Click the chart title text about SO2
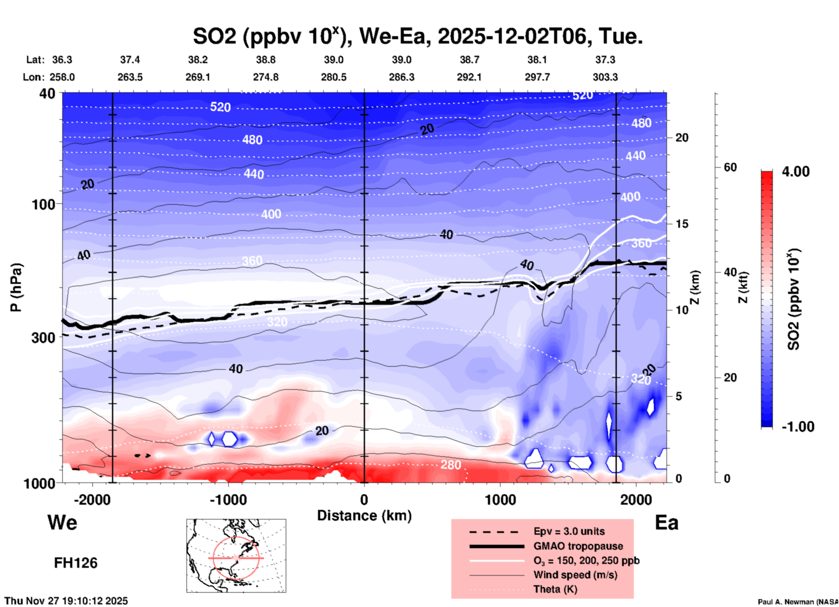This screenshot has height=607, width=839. [417, 37]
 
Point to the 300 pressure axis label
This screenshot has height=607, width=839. [44, 337]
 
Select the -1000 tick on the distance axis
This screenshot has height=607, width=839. [228, 499]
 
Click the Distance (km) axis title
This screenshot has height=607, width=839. [364, 516]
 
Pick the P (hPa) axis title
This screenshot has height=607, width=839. [16, 287]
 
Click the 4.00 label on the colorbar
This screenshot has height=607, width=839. [795, 172]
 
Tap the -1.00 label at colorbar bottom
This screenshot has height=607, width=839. [798, 426]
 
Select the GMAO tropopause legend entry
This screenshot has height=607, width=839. [578, 546]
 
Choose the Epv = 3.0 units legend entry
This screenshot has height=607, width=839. [569, 531]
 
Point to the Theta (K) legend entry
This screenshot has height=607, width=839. [555, 589]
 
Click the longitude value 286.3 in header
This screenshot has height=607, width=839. [401, 77]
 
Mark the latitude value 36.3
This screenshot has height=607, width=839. [62, 60]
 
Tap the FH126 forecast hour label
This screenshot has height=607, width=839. [75, 563]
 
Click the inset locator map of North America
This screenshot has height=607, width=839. [236, 556]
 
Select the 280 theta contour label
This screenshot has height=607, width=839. [450, 465]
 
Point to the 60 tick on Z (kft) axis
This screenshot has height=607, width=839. [730, 167]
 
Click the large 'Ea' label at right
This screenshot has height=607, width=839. [666, 523]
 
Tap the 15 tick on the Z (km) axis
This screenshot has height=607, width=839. [682, 224]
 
